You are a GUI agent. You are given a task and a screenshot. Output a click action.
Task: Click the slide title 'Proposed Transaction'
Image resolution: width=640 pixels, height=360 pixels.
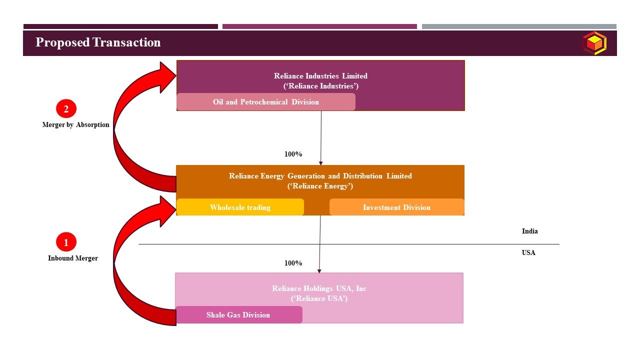[x=98, y=42]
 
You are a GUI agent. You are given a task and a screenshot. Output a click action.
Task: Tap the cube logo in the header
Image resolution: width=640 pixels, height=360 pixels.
[x=594, y=43]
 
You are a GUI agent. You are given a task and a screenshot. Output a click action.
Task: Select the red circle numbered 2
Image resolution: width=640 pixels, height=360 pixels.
[x=66, y=108]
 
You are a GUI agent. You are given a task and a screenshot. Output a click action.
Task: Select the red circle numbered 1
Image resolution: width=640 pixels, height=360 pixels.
[x=66, y=242]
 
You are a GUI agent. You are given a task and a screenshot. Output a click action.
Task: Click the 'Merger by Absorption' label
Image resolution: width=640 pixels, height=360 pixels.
[x=75, y=125]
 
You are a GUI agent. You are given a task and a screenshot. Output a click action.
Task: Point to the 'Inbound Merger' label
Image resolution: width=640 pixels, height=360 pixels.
[x=73, y=258]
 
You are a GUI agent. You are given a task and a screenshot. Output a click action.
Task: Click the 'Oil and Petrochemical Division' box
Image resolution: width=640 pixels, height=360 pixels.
[x=265, y=102]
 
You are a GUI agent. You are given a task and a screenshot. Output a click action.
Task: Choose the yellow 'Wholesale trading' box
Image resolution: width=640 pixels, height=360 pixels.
[x=240, y=207]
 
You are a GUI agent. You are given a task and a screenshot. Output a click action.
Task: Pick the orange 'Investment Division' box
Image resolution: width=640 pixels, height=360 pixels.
[x=396, y=207]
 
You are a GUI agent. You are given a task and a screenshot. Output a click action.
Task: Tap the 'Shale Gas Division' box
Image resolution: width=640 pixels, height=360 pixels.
[x=238, y=315]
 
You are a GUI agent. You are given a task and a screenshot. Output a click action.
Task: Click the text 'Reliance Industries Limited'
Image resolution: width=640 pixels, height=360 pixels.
[x=320, y=76]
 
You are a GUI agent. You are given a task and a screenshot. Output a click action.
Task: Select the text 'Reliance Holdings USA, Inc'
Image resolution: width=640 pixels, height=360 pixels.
[x=319, y=288]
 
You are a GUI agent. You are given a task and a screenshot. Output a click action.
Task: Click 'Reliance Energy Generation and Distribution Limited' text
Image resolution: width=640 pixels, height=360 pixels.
[x=320, y=176]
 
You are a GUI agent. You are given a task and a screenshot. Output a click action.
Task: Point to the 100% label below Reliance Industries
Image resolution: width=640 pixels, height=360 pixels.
[x=293, y=154]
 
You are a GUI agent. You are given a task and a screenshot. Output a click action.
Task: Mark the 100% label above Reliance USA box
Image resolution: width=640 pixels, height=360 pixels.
[x=293, y=263]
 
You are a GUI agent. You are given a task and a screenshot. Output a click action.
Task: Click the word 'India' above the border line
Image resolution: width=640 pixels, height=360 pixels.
[x=529, y=231]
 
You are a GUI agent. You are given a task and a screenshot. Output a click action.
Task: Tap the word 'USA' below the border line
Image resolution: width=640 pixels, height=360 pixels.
[x=528, y=252]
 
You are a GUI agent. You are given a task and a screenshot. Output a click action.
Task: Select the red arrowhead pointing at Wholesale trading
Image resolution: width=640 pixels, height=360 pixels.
[x=167, y=210]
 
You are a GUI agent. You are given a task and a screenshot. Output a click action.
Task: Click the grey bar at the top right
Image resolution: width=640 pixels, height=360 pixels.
[x=519, y=26]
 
